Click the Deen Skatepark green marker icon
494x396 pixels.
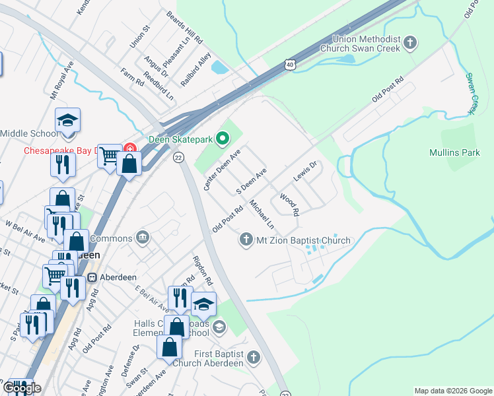223,138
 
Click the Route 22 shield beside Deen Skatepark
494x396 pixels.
178,157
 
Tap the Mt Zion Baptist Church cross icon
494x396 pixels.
246,240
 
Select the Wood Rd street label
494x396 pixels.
289,205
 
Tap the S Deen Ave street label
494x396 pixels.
252,181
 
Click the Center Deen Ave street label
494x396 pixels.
223,170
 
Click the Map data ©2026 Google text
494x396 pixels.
452,391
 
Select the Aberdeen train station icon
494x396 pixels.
92,277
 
